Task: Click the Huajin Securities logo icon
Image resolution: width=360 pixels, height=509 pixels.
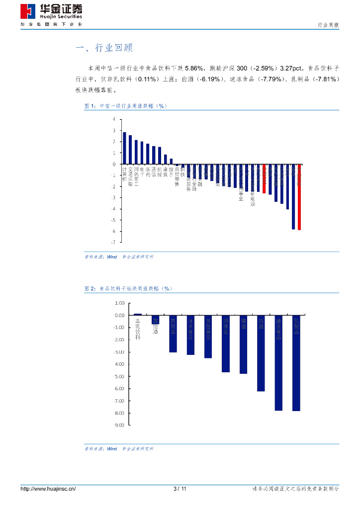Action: [27, 11]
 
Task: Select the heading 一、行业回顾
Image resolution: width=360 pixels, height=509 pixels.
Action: [104, 48]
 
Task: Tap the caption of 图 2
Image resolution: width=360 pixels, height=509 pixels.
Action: [128, 288]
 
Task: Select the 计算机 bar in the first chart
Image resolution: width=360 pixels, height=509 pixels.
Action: [124, 148]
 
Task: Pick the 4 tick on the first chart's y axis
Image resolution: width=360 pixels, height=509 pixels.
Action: [114, 119]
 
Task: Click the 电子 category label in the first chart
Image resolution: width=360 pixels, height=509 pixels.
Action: [142, 172]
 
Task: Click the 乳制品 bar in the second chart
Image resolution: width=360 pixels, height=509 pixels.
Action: [296, 363]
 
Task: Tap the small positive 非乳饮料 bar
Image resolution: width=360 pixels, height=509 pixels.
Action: [138, 314]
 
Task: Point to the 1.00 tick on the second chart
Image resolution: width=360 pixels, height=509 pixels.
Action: [119, 303]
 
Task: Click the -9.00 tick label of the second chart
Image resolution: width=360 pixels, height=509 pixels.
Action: [119, 425]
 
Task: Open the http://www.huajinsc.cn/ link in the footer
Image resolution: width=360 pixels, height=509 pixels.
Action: [48, 489]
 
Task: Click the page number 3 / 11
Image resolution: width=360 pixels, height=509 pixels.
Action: [180, 489]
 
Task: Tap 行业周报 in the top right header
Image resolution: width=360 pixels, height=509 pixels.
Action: [328, 25]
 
